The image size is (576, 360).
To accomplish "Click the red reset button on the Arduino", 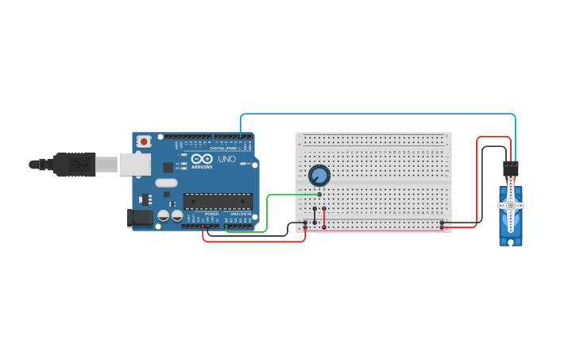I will [144, 141].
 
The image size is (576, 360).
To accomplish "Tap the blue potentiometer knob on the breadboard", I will [319, 175].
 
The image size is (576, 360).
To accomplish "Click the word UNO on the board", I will [227, 159].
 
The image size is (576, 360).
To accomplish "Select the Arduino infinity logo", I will [202, 158].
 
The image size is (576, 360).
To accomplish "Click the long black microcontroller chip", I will [218, 201].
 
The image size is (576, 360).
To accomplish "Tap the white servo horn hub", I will [510, 205].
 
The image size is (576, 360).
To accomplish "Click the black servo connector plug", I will [510, 168].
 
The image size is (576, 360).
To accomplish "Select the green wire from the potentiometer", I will [268, 211].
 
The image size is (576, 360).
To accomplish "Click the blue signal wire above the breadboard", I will [373, 114].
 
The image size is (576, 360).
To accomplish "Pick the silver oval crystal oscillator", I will [167, 183].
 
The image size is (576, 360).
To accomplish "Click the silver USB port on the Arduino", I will [134, 164].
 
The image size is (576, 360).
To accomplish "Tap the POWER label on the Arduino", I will [211, 214].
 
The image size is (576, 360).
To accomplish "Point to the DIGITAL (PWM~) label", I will [226, 148].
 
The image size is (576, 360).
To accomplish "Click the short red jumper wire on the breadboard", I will [324, 215].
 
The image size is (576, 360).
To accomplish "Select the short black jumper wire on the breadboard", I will [315, 215].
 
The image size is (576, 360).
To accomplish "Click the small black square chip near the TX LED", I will [168, 167].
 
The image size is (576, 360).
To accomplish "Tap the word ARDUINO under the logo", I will [202, 167].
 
